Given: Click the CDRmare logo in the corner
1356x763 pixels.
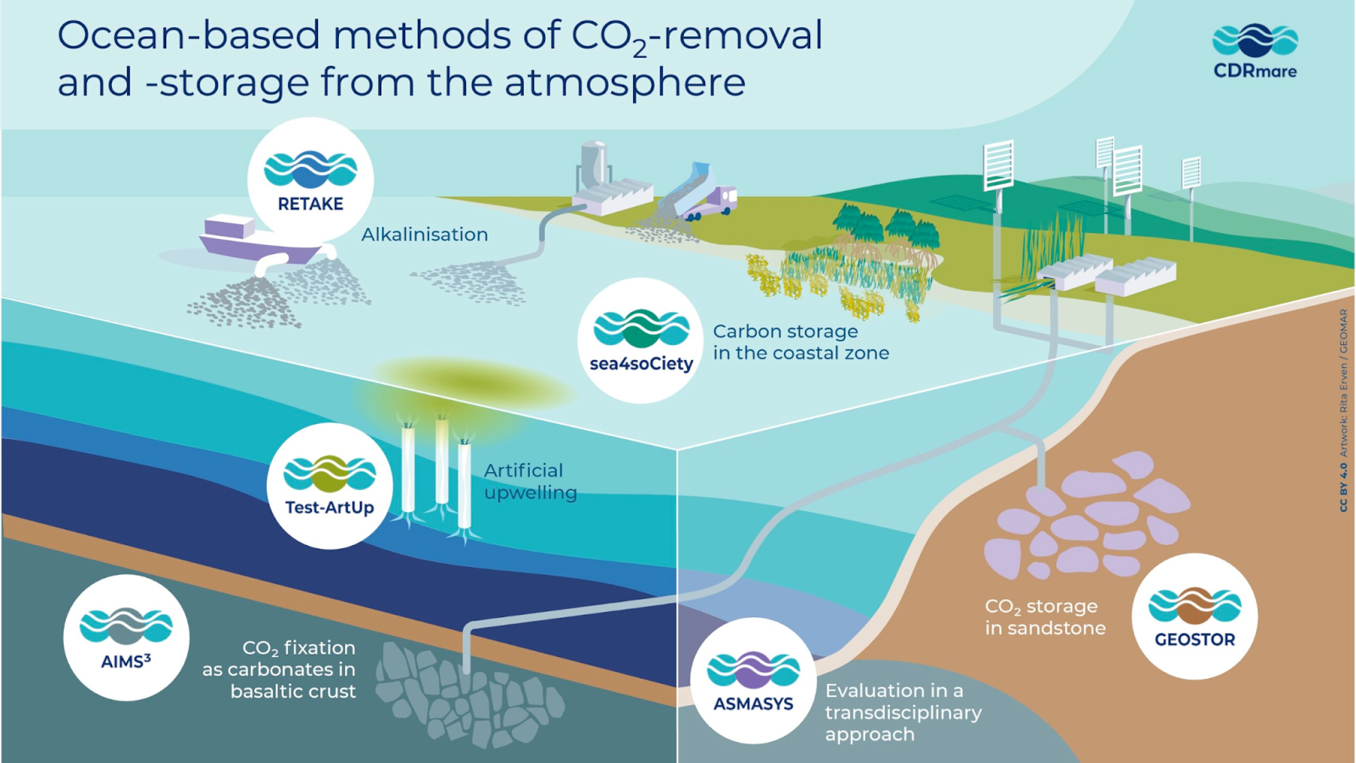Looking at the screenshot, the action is (1255, 51).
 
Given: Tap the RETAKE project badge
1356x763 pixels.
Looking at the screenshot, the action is (310, 181).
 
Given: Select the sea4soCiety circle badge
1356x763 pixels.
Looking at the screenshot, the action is (641, 340).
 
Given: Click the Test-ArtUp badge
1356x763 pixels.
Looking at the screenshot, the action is (330, 486).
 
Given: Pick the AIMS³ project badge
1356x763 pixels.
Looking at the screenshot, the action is (126, 638).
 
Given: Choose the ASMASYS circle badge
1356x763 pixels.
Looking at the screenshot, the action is (753, 681).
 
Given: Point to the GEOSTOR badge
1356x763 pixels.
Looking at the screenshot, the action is (1195, 616).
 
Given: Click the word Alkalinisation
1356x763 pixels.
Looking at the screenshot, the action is (425, 234).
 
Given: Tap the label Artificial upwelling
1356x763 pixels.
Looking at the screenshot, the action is (531, 482).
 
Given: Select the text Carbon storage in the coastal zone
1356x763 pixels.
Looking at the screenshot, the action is (801, 343).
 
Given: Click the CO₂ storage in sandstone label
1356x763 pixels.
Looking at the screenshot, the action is (1045, 617).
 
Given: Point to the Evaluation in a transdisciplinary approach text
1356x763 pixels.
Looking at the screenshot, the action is (903, 712).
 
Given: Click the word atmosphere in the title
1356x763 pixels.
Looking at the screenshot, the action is (625, 81).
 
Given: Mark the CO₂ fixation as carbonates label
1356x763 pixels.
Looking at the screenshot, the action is (279, 669).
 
